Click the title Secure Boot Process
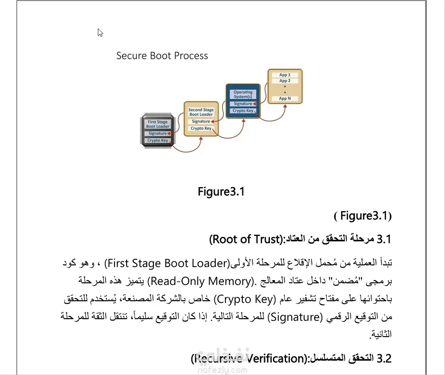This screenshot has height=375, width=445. (162, 56)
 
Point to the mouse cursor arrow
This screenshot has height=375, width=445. (100, 33)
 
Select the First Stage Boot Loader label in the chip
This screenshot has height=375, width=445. (158, 124)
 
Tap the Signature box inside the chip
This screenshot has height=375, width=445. (158, 133)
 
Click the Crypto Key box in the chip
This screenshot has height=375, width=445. (158, 141)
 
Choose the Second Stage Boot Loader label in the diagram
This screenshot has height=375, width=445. (201, 112)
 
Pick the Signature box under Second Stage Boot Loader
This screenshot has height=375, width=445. (201, 122)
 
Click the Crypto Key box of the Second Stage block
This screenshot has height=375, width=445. (201, 128)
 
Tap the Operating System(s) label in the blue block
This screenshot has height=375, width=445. (243, 94)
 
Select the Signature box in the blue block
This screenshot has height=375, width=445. (243, 104)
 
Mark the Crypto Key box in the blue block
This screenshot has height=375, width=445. (243, 111)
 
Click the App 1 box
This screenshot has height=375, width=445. (285, 75)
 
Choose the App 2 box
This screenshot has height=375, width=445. (285, 81)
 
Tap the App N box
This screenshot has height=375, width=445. (285, 99)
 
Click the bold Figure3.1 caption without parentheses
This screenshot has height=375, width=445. (221, 192)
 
